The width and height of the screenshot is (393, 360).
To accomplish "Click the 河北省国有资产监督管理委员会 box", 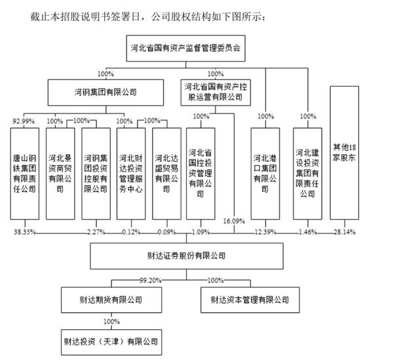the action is point(186,48).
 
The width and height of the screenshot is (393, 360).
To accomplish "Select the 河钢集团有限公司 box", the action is point(105,92).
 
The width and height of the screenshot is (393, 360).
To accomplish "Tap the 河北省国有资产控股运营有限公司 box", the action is point(215,92).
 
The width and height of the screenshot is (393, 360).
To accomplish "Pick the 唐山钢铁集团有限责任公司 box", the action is point(25,174).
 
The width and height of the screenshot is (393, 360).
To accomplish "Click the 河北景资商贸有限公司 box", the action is point(60,174).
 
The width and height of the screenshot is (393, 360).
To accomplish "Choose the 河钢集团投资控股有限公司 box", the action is point(96,174).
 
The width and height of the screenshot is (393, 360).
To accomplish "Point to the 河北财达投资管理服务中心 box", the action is point(131,174).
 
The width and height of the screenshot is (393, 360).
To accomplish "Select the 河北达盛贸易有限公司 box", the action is point(166,174).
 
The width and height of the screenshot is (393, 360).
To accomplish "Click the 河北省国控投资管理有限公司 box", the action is point(200,174).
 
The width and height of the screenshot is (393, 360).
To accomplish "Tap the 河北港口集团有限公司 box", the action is point(265,174).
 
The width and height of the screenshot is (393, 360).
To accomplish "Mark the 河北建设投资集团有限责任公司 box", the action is point(308,174).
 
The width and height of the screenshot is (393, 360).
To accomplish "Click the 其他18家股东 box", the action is point(345,153).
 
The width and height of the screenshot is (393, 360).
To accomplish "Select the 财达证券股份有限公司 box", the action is point(187,256).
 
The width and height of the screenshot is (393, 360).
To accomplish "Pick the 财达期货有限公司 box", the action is point(111,300).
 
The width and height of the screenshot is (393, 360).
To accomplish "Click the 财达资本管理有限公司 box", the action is point(250,300).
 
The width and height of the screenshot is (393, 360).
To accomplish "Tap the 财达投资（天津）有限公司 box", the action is point(111,342).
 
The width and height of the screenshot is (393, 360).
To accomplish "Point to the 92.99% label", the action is point(24,121).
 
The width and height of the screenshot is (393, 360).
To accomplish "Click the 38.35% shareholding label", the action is point(25,232).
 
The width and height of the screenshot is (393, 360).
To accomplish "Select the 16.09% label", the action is point(234,221).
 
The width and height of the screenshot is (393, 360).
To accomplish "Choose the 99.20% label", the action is point(151,280).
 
